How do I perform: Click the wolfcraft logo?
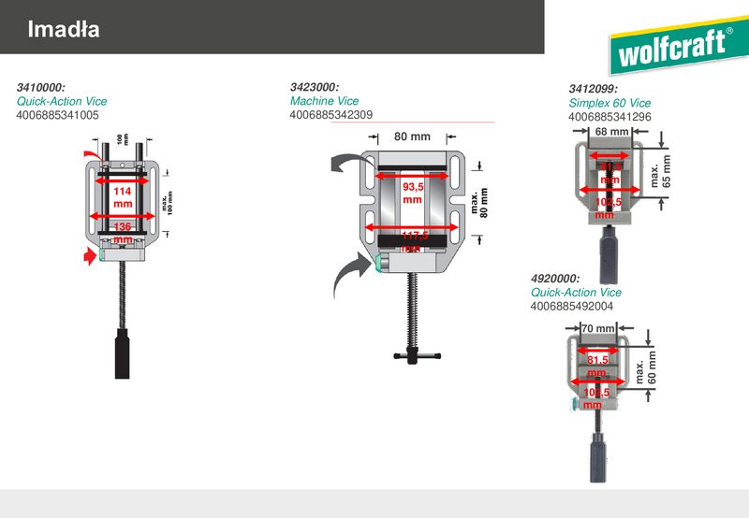pyautogui.click(x=672, y=49)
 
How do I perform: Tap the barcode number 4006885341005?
pyautogui.click(x=57, y=115)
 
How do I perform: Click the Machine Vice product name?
pyautogui.click(x=324, y=101)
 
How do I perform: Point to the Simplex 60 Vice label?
pyautogui.click(x=609, y=103)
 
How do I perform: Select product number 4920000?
pyautogui.click(x=554, y=279)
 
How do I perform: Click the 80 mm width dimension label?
pyautogui.click(x=412, y=137)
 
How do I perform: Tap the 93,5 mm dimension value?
pyautogui.click(x=413, y=194)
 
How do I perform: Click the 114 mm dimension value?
pyautogui.click(x=123, y=196)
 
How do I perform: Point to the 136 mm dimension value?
pyautogui.click(x=123, y=232)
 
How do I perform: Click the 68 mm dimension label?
pyautogui.click(x=612, y=132)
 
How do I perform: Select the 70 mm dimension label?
pyautogui.click(x=597, y=328)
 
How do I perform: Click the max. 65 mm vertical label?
pyautogui.click(x=661, y=169)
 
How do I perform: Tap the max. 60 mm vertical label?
pyautogui.click(x=647, y=367)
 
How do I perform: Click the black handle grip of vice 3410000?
pyautogui.click(x=121, y=353)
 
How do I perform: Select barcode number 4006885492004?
pyautogui.click(x=571, y=306)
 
